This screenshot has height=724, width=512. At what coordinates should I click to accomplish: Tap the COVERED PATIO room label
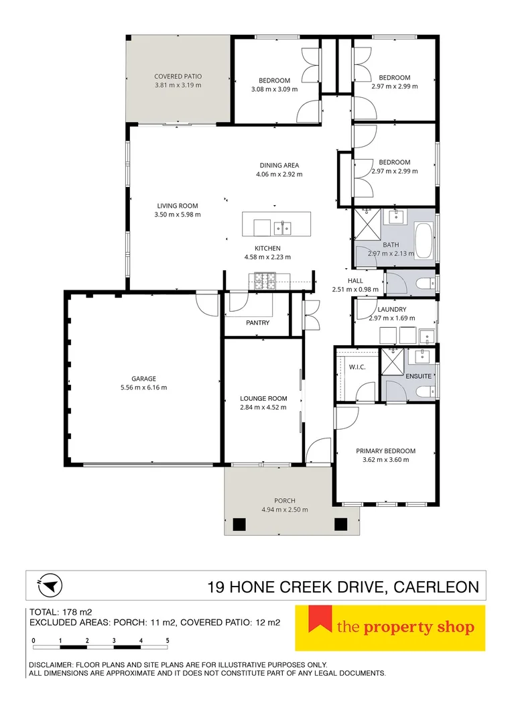pos(178,76)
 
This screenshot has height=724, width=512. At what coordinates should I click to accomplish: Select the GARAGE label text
pos(143,379)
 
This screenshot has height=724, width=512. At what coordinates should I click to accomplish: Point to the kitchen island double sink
pos(282,228)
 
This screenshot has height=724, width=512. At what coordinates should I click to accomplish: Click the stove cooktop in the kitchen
pos(263,281)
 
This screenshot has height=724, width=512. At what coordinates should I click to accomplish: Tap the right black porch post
pos(340,524)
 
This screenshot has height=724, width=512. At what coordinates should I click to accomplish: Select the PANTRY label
pos(257,322)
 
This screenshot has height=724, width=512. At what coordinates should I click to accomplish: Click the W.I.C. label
pos(357,367)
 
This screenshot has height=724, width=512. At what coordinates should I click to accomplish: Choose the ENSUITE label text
pos(419,376)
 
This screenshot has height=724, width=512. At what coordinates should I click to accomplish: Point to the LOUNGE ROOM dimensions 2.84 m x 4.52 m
pos(263,408)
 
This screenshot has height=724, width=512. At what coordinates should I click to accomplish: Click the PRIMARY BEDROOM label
pos(385,451)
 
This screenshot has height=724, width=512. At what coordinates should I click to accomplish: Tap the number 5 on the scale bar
pos(168,641)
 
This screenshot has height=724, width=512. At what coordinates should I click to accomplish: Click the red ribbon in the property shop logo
pos(320,619)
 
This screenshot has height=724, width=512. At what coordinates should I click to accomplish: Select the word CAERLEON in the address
pos(436,587)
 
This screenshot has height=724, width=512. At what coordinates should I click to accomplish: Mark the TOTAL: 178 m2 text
pos(61,613)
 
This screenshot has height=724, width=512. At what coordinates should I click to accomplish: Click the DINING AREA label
pos(279,166)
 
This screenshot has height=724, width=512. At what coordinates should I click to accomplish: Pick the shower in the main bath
pos(367,223)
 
